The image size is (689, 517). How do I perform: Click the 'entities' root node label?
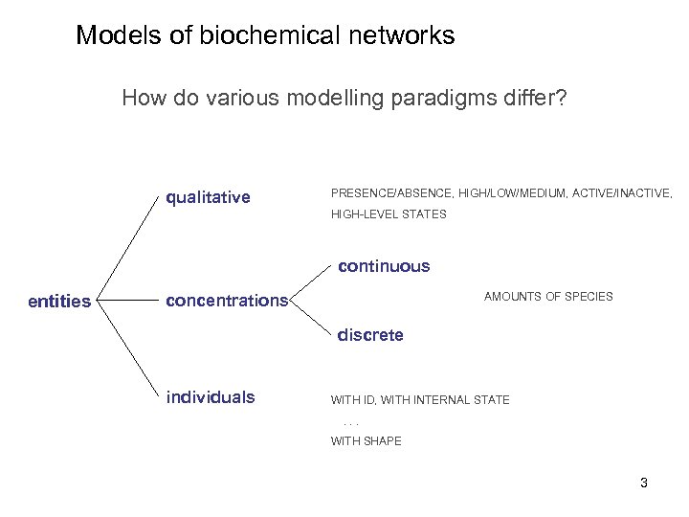(59, 302)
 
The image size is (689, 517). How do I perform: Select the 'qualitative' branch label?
(208, 198)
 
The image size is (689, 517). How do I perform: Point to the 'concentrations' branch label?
(226, 301)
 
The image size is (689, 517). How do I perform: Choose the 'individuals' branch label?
(211, 397)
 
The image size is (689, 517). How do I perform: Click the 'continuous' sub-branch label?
(384, 266)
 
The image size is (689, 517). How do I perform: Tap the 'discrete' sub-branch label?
(370, 335)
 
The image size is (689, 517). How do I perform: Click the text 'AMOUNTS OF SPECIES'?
(548, 297)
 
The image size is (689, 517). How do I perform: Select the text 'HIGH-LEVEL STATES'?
(389, 214)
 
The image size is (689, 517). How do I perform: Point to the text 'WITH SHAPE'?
(366, 441)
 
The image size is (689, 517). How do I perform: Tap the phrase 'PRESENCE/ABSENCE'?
(391, 193)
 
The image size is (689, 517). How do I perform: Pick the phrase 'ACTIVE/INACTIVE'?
(621, 193)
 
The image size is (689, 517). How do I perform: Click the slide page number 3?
(644, 483)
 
